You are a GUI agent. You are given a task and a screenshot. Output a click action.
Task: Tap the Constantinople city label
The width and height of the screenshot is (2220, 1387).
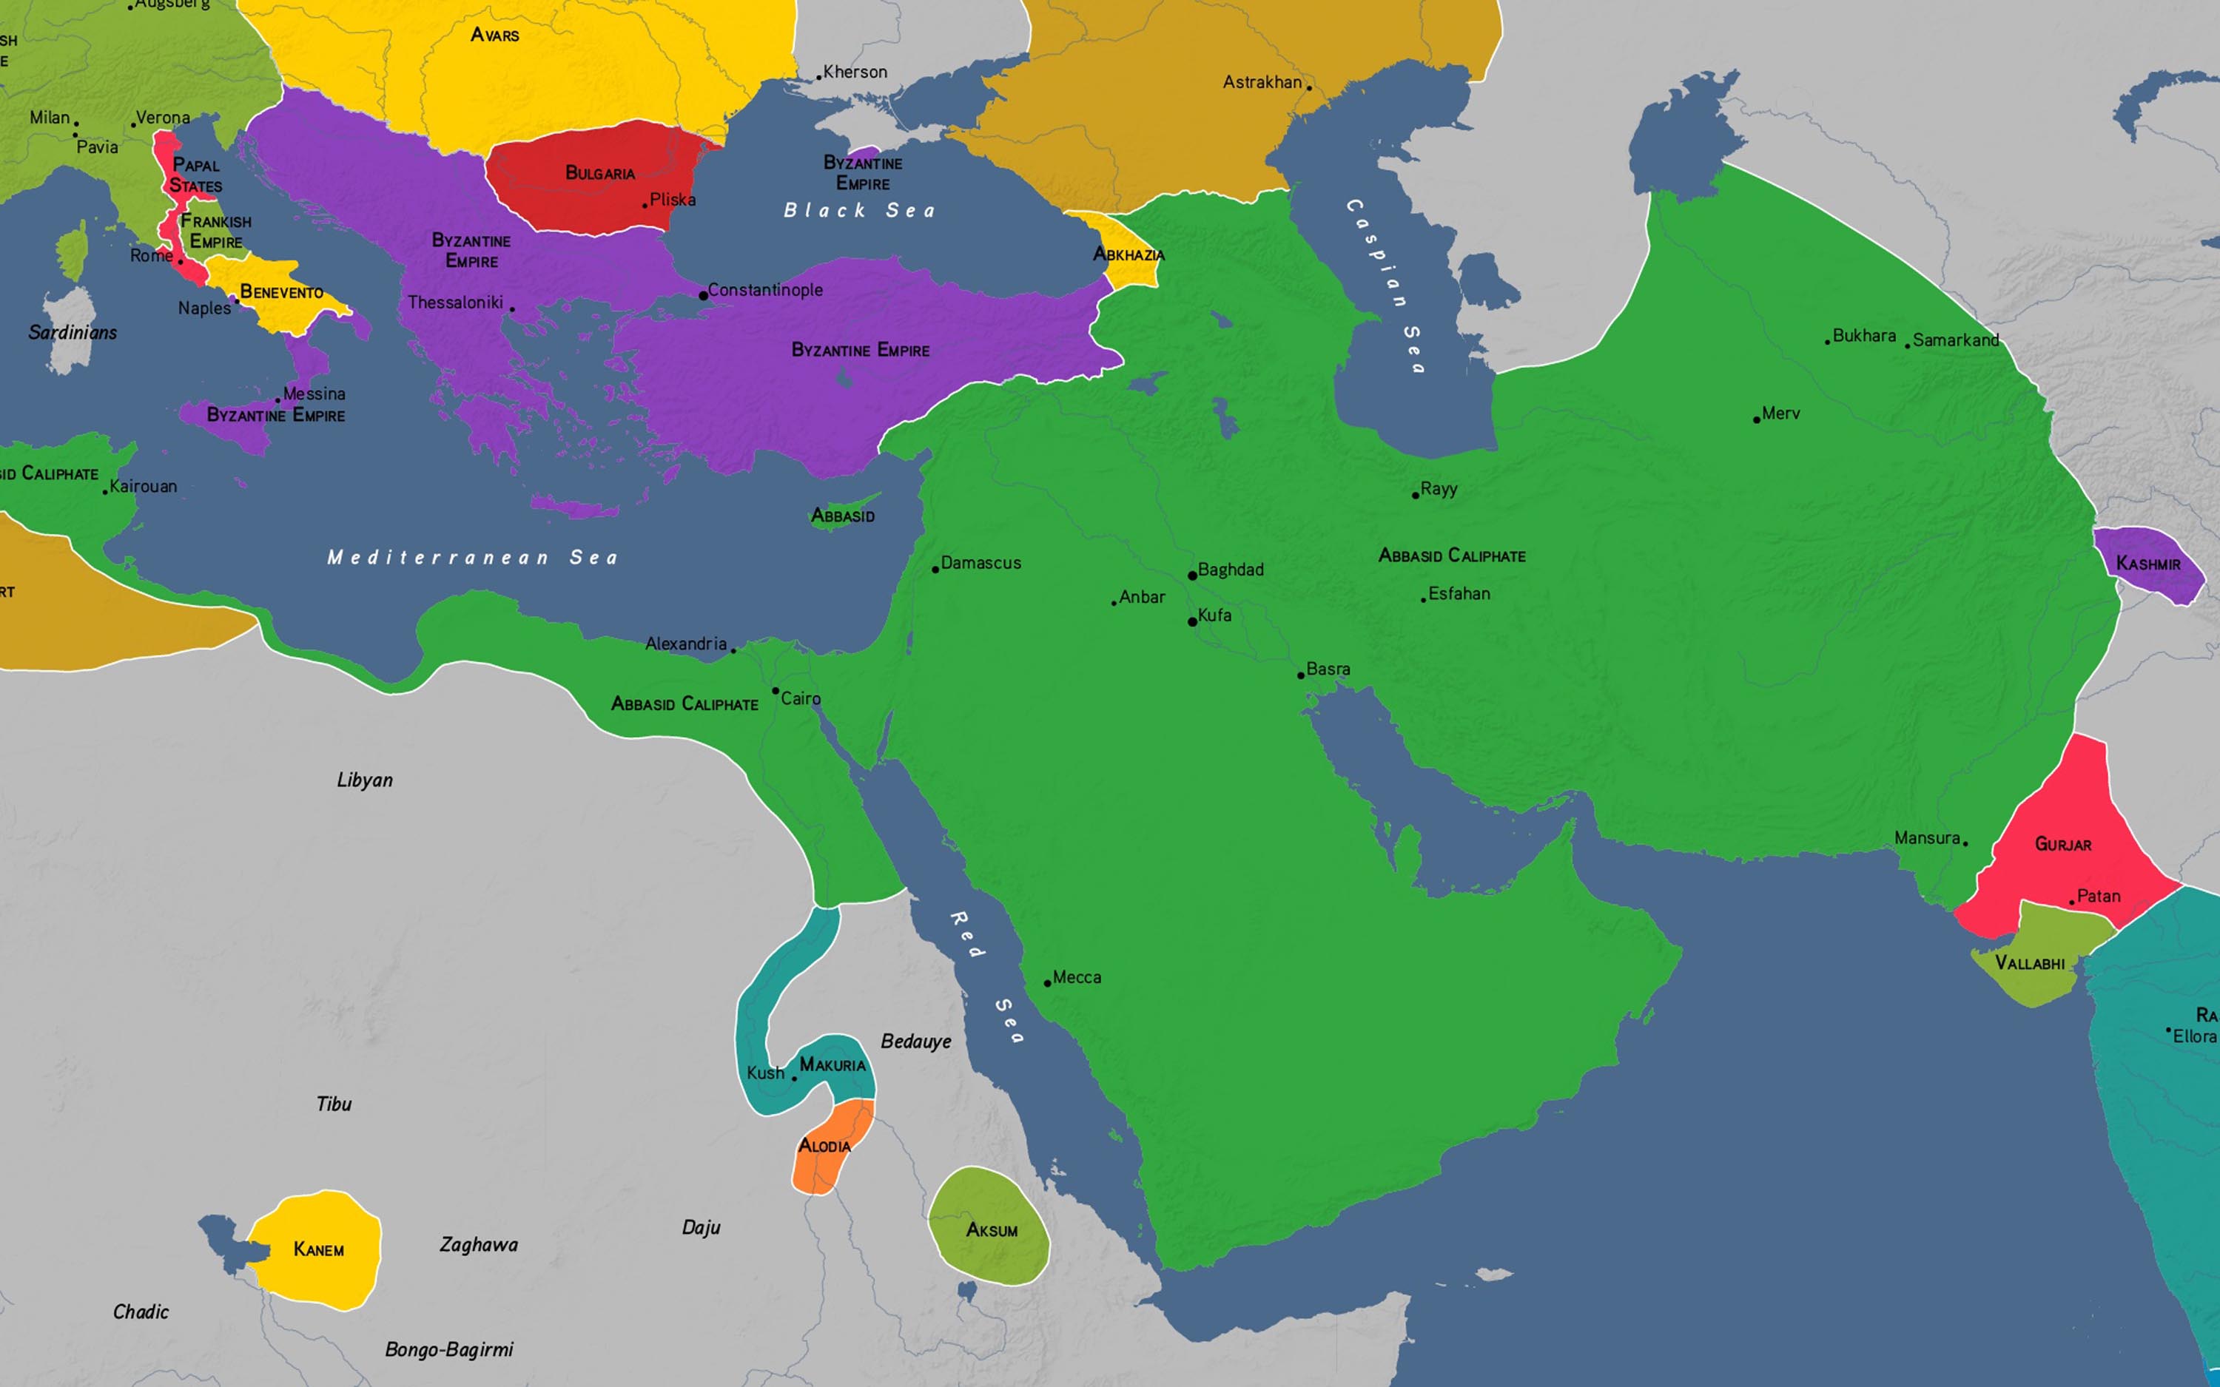[x=765, y=290]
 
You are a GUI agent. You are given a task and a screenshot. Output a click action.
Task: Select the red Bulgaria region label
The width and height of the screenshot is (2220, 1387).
[x=600, y=172]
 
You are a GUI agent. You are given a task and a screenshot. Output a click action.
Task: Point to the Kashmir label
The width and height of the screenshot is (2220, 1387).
[x=2147, y=563]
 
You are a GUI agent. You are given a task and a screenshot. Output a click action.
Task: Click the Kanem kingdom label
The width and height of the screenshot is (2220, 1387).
[x=318, y=1249]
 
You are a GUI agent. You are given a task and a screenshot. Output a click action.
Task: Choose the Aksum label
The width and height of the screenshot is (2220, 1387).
[x=992, y=1230]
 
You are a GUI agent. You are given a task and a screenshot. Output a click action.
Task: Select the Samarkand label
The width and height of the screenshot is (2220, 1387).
[x=1956, y=340]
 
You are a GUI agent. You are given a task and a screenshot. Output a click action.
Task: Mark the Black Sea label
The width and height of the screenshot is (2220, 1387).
[x=860, y=211]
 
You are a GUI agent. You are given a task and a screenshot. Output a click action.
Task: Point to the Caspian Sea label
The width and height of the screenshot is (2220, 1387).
[x=1386, y=284]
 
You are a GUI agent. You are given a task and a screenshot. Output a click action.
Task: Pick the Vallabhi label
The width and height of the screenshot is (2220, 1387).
[x=2030, y=963]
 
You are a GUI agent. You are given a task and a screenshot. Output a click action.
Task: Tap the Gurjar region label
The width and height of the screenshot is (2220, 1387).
[x=2063, y=844]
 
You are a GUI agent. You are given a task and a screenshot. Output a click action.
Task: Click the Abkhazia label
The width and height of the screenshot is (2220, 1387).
[x=1128, y=255]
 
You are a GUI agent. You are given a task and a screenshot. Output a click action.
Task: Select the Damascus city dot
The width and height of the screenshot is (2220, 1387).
[x=935, y=570]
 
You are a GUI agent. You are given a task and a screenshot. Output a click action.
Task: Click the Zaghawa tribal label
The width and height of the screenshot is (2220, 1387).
[x=478, y=1245]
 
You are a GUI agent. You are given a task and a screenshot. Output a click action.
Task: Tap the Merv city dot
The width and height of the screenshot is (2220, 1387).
[x=1756, y=420]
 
